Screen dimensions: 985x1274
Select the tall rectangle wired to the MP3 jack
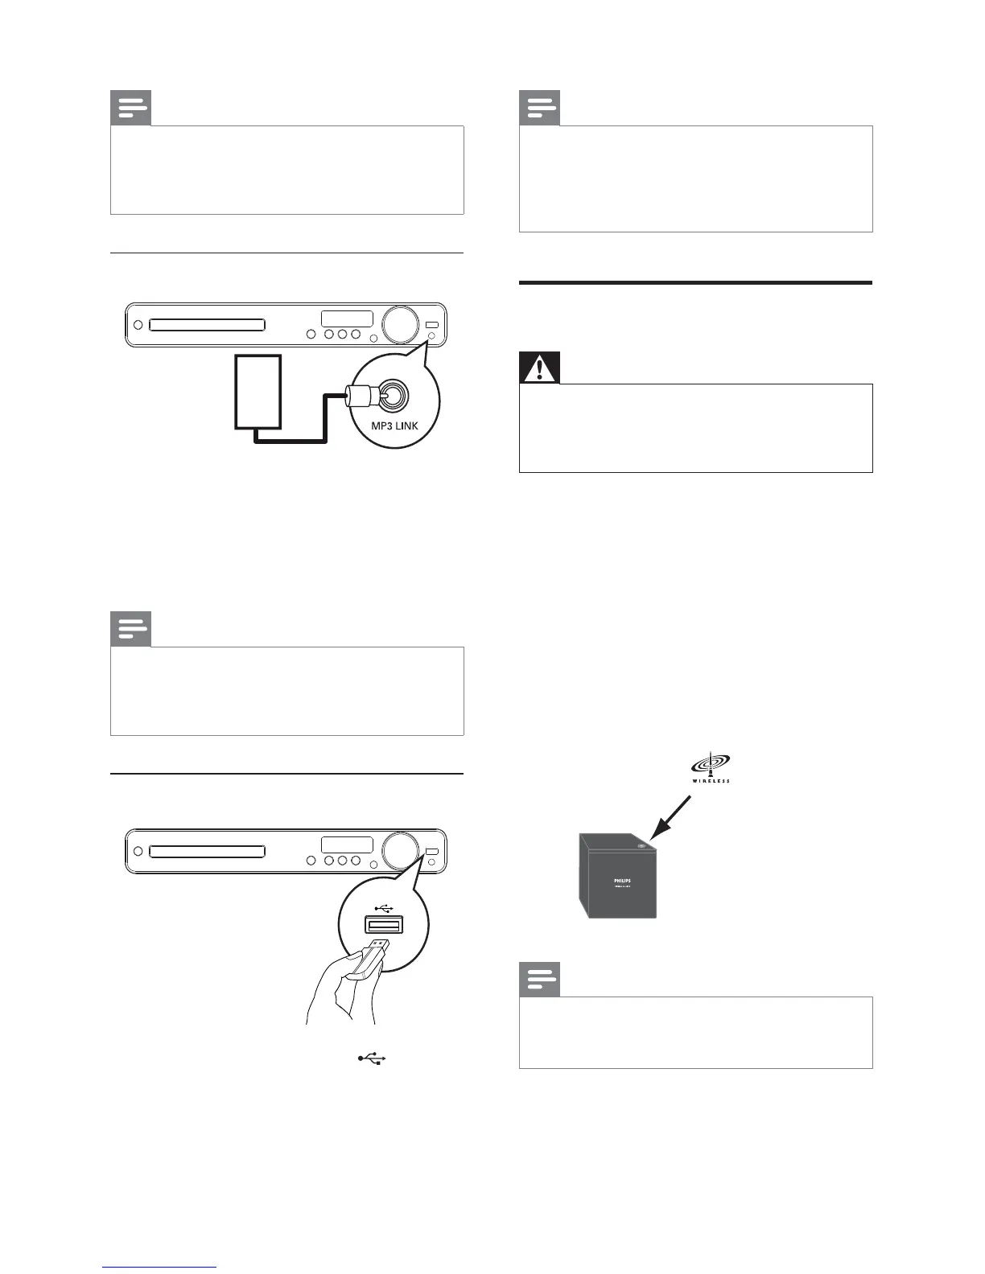point(258,392)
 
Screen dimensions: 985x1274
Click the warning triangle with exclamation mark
point(539,370)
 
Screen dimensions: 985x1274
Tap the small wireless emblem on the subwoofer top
point(641,846)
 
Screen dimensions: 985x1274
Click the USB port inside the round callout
point(384,926)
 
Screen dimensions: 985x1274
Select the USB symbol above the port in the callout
point(385,908)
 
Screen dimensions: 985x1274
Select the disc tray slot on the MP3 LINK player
point(207,325)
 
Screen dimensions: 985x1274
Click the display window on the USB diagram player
point(347,845)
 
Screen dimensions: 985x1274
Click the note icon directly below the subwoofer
point(539,980)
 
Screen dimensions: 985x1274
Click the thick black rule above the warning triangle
point(695,283)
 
